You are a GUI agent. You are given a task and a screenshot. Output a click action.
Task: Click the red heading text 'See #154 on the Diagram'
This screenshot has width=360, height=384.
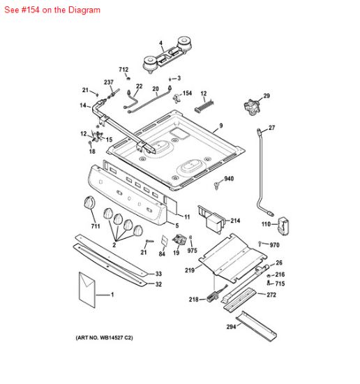[52, 10]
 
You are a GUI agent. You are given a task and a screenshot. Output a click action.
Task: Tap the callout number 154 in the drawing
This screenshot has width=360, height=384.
[187, 93]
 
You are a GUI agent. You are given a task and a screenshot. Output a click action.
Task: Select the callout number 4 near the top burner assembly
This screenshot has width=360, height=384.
[160, 43]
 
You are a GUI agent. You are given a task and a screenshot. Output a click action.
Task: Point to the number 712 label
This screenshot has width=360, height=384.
[123, 70]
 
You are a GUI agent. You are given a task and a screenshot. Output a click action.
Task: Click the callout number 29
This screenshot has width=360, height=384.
[266, 96]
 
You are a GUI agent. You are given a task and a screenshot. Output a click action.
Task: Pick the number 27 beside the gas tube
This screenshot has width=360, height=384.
[272, 127]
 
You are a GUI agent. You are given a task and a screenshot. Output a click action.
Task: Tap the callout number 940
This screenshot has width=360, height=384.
[229, 179]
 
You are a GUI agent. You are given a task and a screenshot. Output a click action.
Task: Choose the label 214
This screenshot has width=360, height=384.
[235, 221]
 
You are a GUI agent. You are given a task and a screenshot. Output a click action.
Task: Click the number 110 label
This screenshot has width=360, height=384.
[265, 224]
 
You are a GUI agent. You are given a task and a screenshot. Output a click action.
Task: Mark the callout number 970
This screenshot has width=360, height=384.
[274, 245]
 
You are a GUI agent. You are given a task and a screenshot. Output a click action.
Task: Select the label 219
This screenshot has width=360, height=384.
[189, 269]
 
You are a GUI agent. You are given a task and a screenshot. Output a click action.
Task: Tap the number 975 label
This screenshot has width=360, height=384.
[193, 251]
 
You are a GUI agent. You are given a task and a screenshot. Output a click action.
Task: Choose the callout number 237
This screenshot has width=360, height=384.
[109, 82]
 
